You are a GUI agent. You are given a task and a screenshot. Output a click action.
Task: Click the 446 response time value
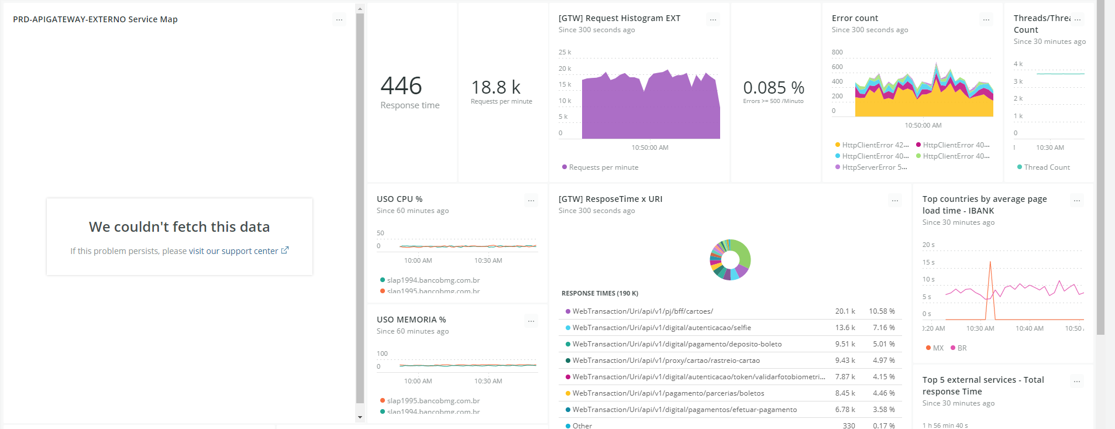coord(401,86)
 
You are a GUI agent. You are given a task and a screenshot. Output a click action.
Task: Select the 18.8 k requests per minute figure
coord(495,88)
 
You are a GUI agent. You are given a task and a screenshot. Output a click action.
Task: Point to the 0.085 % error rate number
coord(773,88)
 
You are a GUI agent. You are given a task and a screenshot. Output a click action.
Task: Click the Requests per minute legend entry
coord(603,167)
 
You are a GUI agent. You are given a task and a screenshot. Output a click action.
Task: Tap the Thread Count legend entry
coord(1047,167)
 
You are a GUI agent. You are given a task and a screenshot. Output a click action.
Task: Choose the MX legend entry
coord(938,348)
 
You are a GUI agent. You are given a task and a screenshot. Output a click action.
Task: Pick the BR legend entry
coord(962,348)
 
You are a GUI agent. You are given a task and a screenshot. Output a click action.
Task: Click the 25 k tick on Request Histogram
coord(565,53)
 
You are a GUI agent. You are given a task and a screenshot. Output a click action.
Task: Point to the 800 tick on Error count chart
coord(837,53)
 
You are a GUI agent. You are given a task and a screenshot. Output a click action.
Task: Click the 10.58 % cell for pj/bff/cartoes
coord(882,311)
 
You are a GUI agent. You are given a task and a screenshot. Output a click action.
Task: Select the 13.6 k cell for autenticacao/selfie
coord(845,328)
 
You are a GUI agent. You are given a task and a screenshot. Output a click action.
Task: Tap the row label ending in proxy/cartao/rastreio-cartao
coord(666,361)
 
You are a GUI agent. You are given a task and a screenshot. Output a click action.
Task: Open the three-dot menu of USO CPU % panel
coord(531,201)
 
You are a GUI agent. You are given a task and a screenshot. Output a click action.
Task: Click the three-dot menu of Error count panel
coord(986,20)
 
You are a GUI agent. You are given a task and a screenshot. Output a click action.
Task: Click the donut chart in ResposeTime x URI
coord(730,260)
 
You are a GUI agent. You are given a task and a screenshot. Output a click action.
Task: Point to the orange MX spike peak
coord(990,262)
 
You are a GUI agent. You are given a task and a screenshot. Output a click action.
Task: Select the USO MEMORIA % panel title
coord(411,320)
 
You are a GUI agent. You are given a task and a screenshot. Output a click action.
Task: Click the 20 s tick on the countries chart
coord(928,245)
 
